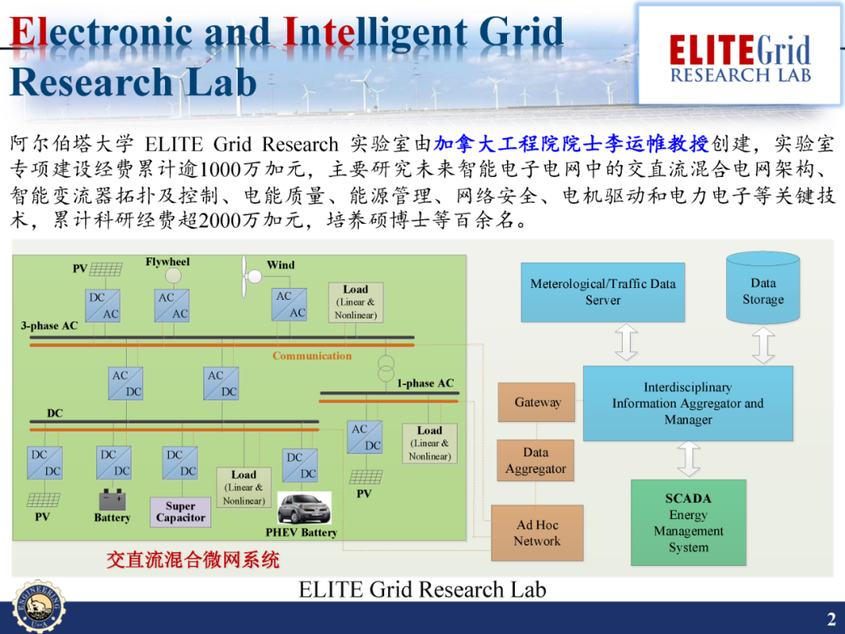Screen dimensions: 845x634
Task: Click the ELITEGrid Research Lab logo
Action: (740, 55)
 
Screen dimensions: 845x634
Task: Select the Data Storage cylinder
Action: (763, 289)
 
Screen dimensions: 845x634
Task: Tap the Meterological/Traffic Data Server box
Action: (602, 292)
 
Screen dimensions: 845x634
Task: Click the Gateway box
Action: (537, 402)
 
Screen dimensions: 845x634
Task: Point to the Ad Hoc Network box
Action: (537, 532)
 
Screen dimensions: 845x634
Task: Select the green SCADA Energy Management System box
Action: (689, 522)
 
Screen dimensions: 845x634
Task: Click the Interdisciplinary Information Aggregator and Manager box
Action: (688, 403)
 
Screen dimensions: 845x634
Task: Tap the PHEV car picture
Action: (304, 509)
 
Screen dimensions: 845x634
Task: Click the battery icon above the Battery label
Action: (113, 499)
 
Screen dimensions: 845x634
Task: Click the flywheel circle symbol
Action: (173, 276)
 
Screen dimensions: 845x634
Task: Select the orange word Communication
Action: (312, 356)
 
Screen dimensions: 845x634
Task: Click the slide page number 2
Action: (831, 620)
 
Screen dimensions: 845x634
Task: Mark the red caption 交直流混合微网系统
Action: (192, 560)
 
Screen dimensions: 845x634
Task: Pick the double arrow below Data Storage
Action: (763, 345)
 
